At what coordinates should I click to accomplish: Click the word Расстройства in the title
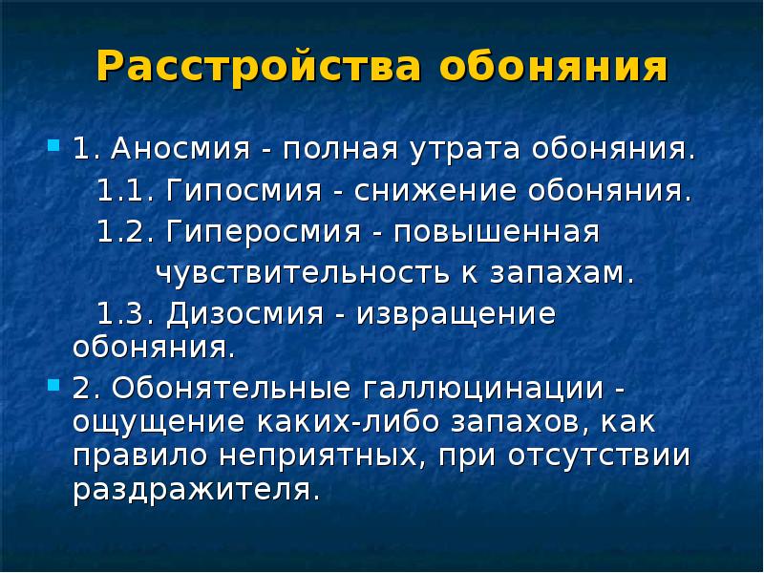259,67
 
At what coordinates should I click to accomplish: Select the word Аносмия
180,148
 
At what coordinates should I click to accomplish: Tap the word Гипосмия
244,189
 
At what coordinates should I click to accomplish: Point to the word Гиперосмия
264,232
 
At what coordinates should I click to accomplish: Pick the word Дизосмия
244,313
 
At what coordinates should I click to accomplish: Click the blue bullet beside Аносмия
53,145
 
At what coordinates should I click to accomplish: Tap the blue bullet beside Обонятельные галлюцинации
53,386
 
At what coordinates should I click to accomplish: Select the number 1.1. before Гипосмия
126,190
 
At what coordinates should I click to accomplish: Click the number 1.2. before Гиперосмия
126,231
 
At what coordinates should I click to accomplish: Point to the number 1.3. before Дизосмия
126,313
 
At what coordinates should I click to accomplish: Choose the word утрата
465,150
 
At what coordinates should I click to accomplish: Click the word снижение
435,190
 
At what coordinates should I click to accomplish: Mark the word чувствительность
302,272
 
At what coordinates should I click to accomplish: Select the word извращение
456,315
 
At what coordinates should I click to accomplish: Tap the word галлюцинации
483,390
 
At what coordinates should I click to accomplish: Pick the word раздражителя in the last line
197,490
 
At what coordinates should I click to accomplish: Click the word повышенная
497,232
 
